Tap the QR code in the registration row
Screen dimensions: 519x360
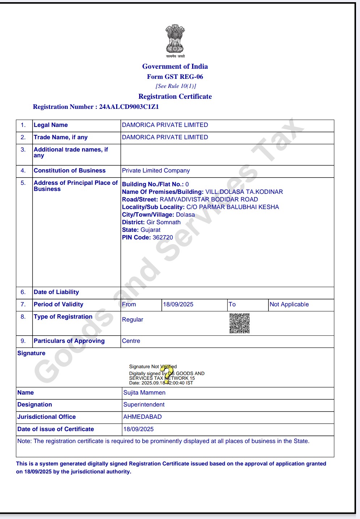tap(240, 323)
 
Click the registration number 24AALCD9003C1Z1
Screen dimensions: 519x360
tap(129, 107)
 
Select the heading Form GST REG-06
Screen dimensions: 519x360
tap(175, 77)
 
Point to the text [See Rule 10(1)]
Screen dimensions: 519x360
tap(176, 86)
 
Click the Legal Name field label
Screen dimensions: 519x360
tap(51, 125)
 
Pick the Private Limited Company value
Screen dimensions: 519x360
tap(156, 171)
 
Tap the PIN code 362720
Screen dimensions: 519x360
tap(162, 238)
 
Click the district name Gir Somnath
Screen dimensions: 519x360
tap(164, 222)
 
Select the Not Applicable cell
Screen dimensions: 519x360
tap(289, 305)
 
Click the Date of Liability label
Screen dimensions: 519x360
tap(56, 292)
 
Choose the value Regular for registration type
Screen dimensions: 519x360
tap(132, 320)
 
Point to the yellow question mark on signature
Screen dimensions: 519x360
tap(167, 374)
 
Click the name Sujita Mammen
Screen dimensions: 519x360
tap(144, 393)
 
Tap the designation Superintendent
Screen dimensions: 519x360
tap(144, 405)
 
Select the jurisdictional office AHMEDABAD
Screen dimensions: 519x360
tap(143, 417)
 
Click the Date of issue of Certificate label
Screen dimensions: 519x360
tap(56, 429)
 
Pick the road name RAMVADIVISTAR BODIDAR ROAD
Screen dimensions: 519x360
tap(209, 200)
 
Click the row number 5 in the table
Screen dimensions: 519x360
tap(23, 183)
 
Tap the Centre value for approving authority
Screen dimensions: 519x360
tap(131, 341)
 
